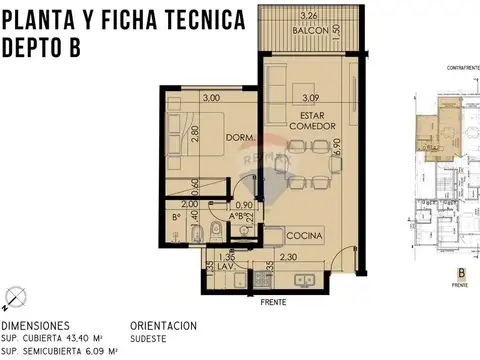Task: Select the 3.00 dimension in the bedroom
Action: click(x=211, y=98)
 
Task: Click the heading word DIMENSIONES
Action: click(x=35, y=326)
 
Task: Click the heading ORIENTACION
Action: click(x=163, y=326)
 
